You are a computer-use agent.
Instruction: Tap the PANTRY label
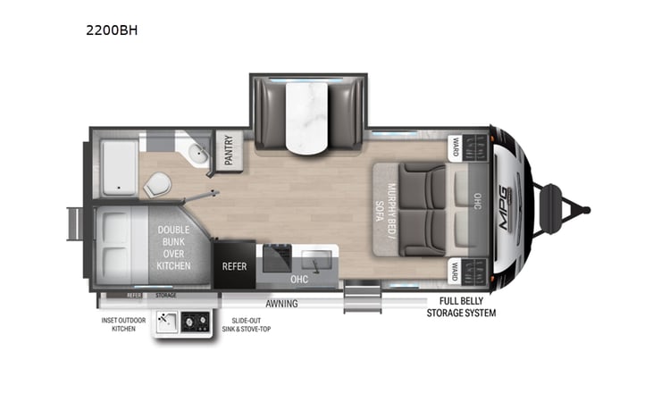[x=227, y=149]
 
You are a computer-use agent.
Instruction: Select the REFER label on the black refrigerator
[x=234, y=265]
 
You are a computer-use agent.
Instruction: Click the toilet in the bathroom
[x=156, y=185]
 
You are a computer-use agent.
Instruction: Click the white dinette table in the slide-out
[x=307, y=115]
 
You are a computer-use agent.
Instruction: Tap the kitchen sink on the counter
[x=314, y=262]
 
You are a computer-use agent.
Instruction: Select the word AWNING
[x=282, y=304]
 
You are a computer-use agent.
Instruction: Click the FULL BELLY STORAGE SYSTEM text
[x=460, y=307]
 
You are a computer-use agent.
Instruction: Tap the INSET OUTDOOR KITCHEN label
[x=123, y=323]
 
